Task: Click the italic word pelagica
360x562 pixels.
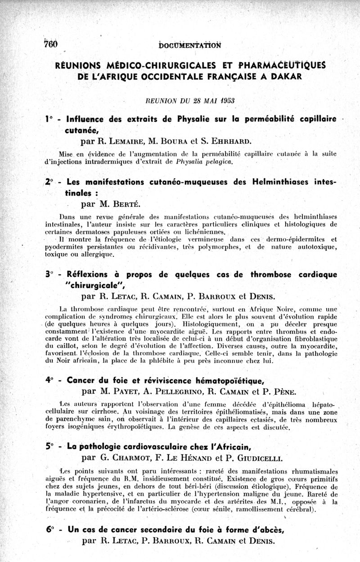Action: click(x=207, y=161)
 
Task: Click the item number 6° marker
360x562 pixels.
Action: click(x=49, y=530)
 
